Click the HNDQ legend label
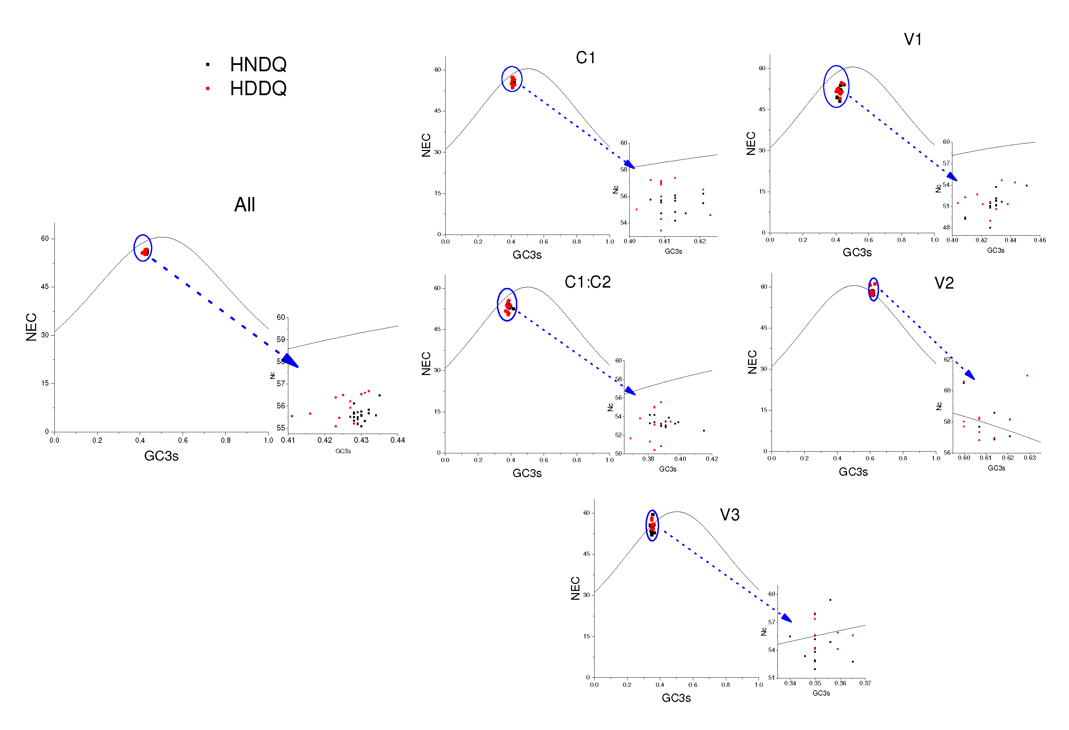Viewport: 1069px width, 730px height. (x=258, y=64)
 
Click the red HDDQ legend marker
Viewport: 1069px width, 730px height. (x=208, y=88)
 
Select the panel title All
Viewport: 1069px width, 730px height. (x=244, y=205)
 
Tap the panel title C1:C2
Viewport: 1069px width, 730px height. (x=588, y=282)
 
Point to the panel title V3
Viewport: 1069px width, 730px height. (x=729, y=515)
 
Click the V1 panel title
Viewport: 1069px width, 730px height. (x=913, y=40)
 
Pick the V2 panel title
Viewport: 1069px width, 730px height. (x=944, y=283)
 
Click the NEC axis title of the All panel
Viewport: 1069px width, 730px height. (x=31, y=327)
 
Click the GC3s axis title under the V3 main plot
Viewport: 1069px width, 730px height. (x=676, y=698)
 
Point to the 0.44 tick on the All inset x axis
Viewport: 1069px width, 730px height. (x=398, y=440)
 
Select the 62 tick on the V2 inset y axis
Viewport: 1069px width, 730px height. (x=947, y=359)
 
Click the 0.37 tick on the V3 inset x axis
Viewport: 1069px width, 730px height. (x=865, y=683)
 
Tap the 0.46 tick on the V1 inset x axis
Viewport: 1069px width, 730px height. (x=1040, y=240)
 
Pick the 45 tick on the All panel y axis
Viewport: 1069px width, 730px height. (x=45, y=287)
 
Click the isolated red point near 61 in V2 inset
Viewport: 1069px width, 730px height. (x=1027, y=375)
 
